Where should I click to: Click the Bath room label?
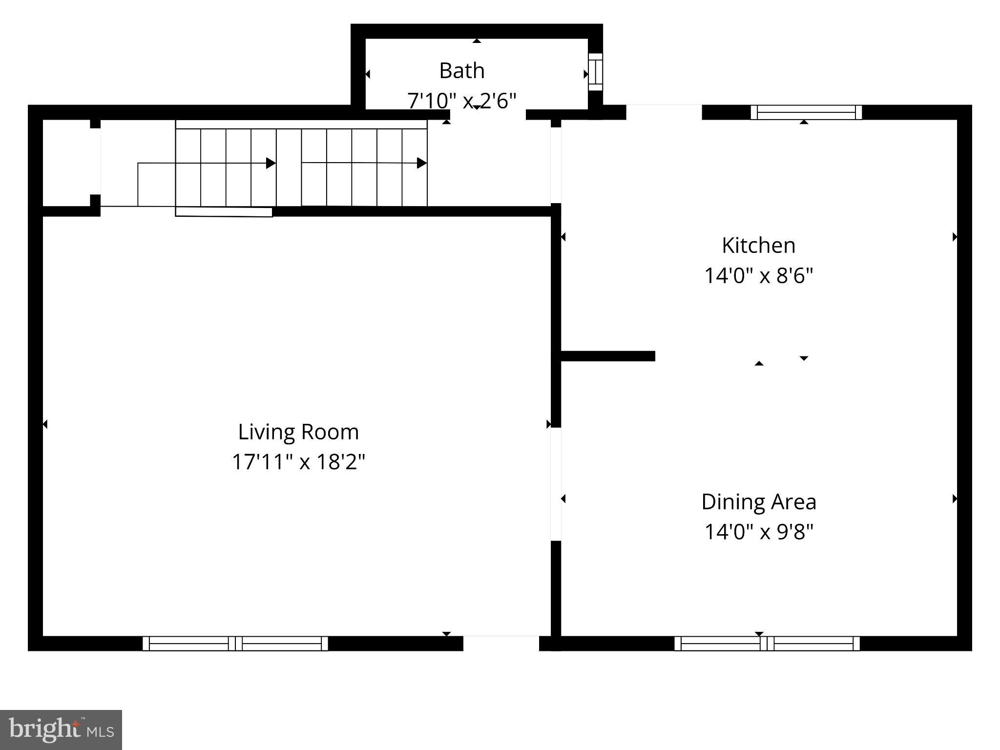tap(461, 71)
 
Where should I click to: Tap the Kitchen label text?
tap(758, 245)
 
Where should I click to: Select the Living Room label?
tap(298, 432)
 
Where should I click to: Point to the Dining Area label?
tap(758, 502)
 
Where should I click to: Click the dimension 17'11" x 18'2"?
tap(298, 462)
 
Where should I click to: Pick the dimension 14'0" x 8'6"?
tap(758, 276)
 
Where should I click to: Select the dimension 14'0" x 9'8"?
tap(758, 532)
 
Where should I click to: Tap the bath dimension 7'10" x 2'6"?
tap(461, 101)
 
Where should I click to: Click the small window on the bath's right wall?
tap(595, 72)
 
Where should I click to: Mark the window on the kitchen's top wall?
tap(806, 112)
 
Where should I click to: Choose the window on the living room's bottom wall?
tap(235, 644)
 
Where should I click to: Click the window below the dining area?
tap(767, 644)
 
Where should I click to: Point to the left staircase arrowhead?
tap(271, 163)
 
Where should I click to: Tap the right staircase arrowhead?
tap(422, 163)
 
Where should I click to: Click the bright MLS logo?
tap(61, 729)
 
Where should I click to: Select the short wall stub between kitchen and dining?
tap(607, 356)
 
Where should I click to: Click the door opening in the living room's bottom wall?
tap(501, 643)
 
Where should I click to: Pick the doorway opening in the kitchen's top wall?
tap(664, 112)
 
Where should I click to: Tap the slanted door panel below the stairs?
tap(224, 212)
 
